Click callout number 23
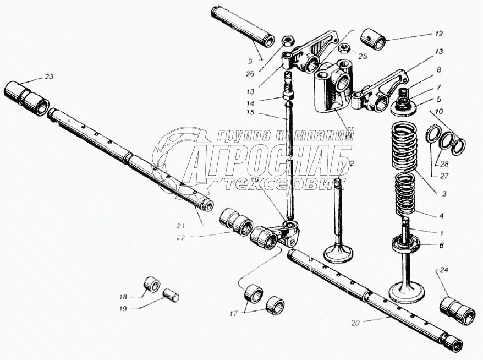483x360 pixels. (x=50, y=77)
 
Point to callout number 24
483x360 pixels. (x=444, y=270)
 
